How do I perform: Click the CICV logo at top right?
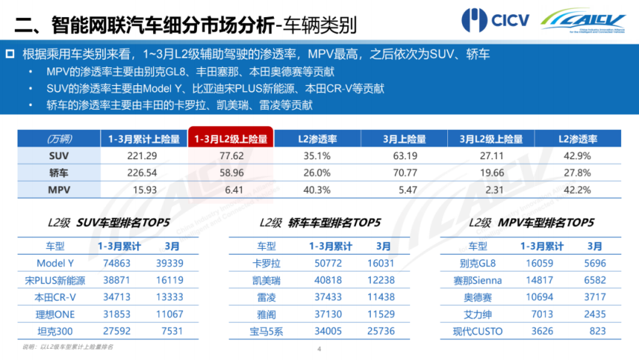pyautogui.click(x=495, y=20)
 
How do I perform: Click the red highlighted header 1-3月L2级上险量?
pyautogui.click(x=231, y=139)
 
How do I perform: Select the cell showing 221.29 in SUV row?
pyautogui.click(x=143, y=156)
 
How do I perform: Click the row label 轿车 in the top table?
pyautogui.click(x=58, y=172)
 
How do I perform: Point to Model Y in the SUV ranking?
pyautogui.click(x=56, y=263)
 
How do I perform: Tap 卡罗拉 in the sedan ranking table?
pyautogui.click(x=266, y=263)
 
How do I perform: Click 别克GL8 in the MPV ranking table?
pyautogui.click(x=477, y=263)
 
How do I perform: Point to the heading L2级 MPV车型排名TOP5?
pyautogui.click(x=531, y=222)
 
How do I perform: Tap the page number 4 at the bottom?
pyautogui.click(x=319, y=350)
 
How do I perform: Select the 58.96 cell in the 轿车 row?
pyautogui.click(x=231, y=172)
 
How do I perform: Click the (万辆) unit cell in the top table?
pyautogui.click(x=58, y=139)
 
